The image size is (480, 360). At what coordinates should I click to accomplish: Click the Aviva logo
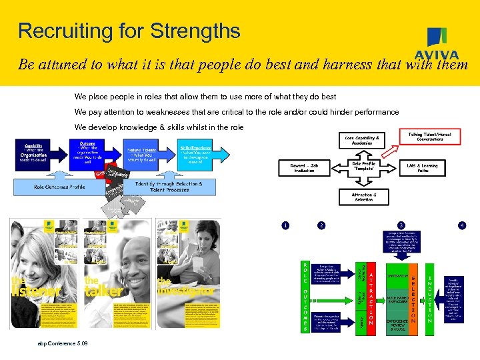(x=437, y=44)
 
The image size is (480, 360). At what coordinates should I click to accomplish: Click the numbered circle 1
(x=285, y=225)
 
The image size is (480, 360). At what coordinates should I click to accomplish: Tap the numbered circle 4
(x=461, y=225)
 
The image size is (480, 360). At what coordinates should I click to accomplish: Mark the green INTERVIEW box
(x=398, y=275)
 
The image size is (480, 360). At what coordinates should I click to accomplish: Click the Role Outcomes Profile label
(x=59, y=187)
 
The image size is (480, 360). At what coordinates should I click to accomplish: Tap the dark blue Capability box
(x=33, y=155)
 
